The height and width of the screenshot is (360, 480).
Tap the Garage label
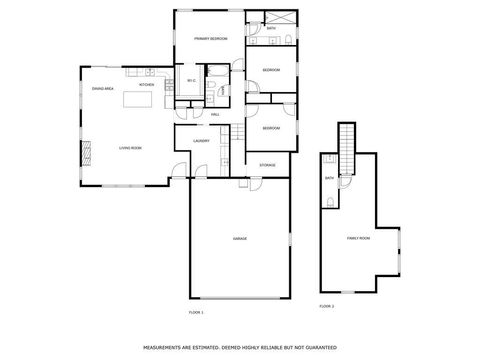240,239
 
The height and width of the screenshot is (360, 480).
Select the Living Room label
130,147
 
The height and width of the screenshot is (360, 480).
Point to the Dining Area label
101,89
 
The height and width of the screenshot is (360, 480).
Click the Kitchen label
146,85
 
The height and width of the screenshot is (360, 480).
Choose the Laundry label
200,142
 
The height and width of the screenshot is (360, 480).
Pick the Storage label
267,164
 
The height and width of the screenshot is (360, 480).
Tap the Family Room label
357,238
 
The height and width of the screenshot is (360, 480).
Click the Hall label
214,114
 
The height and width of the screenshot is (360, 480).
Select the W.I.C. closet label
191,81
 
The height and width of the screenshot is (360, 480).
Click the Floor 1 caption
195,313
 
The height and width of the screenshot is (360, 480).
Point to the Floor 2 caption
326,305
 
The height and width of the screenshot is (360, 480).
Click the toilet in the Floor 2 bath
330,203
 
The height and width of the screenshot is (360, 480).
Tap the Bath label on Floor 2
329,178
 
